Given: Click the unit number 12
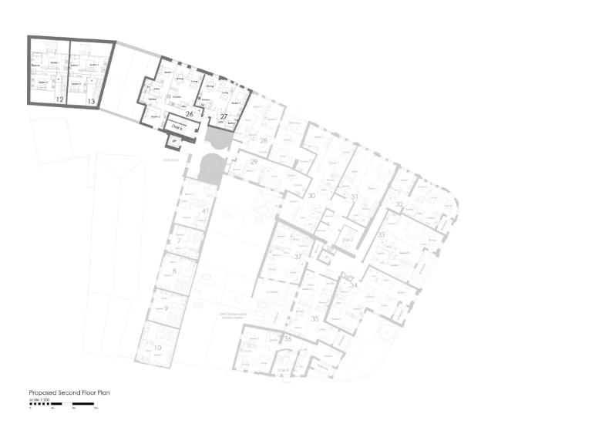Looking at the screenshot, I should (59, 100).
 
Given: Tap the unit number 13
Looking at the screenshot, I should (91, 101).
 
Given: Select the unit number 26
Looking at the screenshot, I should (189, 114).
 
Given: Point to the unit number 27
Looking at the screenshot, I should (224, 116).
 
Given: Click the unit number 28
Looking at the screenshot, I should (264, 141).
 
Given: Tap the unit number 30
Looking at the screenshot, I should (311, 197).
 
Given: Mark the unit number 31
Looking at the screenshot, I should (355, 198).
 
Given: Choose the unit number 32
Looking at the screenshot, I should (399, 204).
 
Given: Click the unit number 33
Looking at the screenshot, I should (382, 234).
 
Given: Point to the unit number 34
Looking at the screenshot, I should (354, 285).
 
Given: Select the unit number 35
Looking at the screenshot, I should (314, 318).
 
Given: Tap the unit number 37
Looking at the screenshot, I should (298, 257).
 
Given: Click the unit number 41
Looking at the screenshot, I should (205, 211).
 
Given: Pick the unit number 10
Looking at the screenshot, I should (157, 348).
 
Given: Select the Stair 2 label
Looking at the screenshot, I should (348, 240).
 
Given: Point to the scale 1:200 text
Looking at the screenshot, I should (39, 399).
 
